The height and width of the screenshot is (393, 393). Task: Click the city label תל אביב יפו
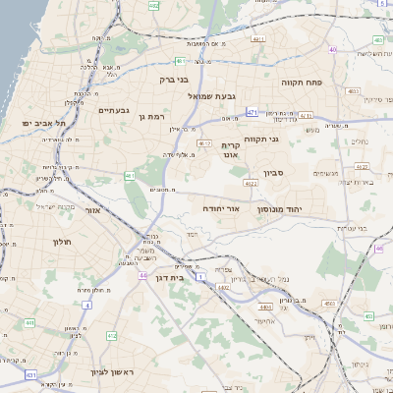pyautogui.click(x=42, y=124)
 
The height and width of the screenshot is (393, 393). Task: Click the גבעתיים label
pyautogui.click(x=114, y=111)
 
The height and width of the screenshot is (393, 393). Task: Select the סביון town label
pyautogui.click(x=274, y=173)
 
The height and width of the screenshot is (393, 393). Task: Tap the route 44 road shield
pyautogui.click(x=143, y=276)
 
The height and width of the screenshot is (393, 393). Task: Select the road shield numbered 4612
pyautogui.click(x=205, y=143)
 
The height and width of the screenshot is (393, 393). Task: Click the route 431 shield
pyautogui.click(x=31, y=375)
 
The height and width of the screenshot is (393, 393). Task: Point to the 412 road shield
pyautogui.click(x=111, y=336)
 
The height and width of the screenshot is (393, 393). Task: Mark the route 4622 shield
pyautogui.click(x=252, y=183)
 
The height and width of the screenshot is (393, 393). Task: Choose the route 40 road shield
pyautogui.click(x=334, y=49)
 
